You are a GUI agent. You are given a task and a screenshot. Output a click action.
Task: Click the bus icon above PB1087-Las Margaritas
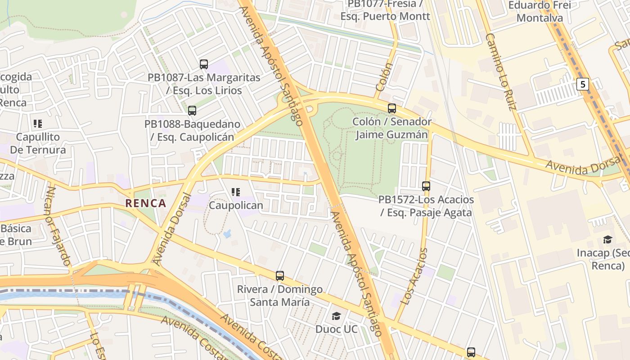tap(204, 64)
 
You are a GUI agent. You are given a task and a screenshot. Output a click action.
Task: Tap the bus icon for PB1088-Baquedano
tap(192, 111)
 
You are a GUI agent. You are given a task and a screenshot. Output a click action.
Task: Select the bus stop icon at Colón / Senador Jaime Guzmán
tap(392, 108)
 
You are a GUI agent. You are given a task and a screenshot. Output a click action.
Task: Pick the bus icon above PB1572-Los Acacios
tap(426, 186)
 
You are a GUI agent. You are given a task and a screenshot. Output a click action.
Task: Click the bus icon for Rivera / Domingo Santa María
tap(280, 276)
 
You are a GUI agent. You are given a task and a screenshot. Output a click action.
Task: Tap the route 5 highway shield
tap(583, 84)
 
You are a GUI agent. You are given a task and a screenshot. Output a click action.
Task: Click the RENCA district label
tap(146, 203)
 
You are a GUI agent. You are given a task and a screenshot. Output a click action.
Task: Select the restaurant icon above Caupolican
tap(236, 193)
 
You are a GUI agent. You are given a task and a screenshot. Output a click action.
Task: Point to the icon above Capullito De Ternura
tap(38, 124)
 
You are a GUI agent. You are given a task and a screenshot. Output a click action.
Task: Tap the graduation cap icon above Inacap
tap(608, 239)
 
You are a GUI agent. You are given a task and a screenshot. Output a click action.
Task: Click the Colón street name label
tap(384, 77)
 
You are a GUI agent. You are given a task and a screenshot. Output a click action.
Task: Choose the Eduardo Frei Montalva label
tap(540, 12)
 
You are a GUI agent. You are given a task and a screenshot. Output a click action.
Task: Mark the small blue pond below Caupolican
tap(227, 234)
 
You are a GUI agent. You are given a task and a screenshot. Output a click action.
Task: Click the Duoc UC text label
tap(336, 329)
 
